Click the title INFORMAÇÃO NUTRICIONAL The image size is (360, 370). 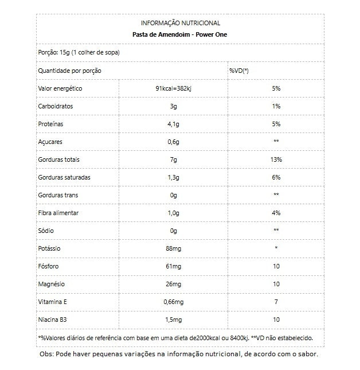[180, 23]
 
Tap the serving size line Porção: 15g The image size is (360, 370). [79, 52]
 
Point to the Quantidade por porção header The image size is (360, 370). [69, 71]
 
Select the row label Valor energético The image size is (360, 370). [60, 88]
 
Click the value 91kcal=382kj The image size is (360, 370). [173, 88]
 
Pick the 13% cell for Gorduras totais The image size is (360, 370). [276, 159]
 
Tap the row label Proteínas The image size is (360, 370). [50, 124]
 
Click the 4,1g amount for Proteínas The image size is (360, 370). [173, 124]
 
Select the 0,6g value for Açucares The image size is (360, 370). [173, 142]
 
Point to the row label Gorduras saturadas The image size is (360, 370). [64, 177]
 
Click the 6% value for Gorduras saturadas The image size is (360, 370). [276, 177]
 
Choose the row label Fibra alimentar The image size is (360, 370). [58, 213]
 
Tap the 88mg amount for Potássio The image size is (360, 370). [173, 248]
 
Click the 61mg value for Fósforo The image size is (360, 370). [173, 266]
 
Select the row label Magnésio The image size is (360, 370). [51, 284]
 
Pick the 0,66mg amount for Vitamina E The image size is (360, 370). [173, 302]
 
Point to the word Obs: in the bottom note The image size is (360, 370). [46, 354]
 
